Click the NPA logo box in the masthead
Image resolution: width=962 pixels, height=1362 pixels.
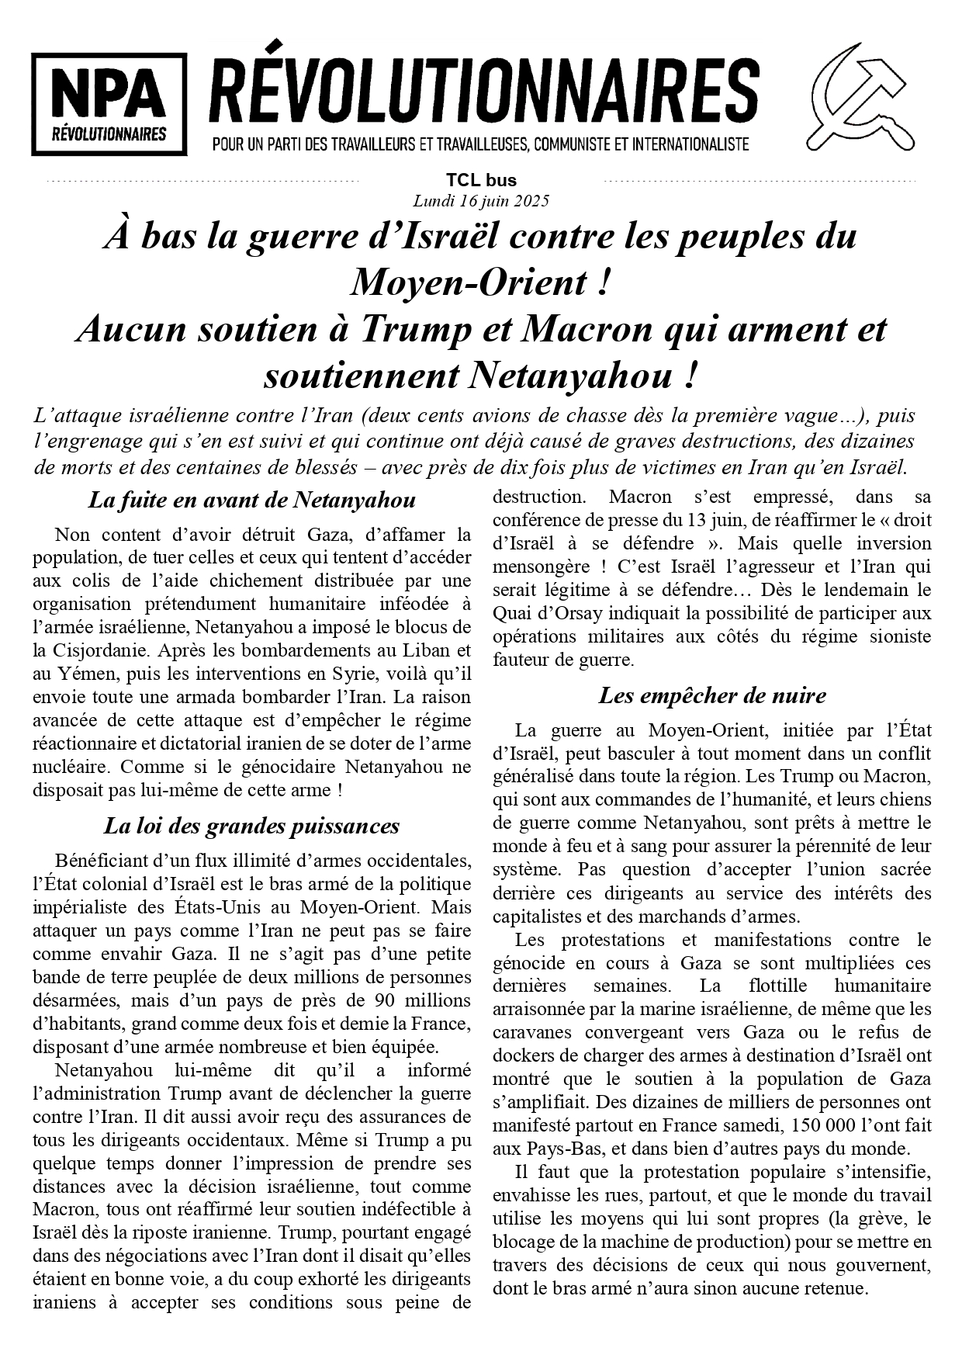tap(109, 104)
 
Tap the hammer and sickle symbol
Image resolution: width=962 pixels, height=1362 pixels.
tap(861, 98)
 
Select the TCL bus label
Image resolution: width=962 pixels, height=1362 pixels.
tap(481, 181)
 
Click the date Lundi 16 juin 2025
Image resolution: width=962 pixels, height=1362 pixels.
tap(481, 201)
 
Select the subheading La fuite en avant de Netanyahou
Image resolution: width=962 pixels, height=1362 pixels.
tap(251, 500)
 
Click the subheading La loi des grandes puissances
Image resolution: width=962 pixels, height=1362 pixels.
tap(251, 826)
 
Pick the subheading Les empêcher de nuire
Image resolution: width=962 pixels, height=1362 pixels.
tap(711, 695)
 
